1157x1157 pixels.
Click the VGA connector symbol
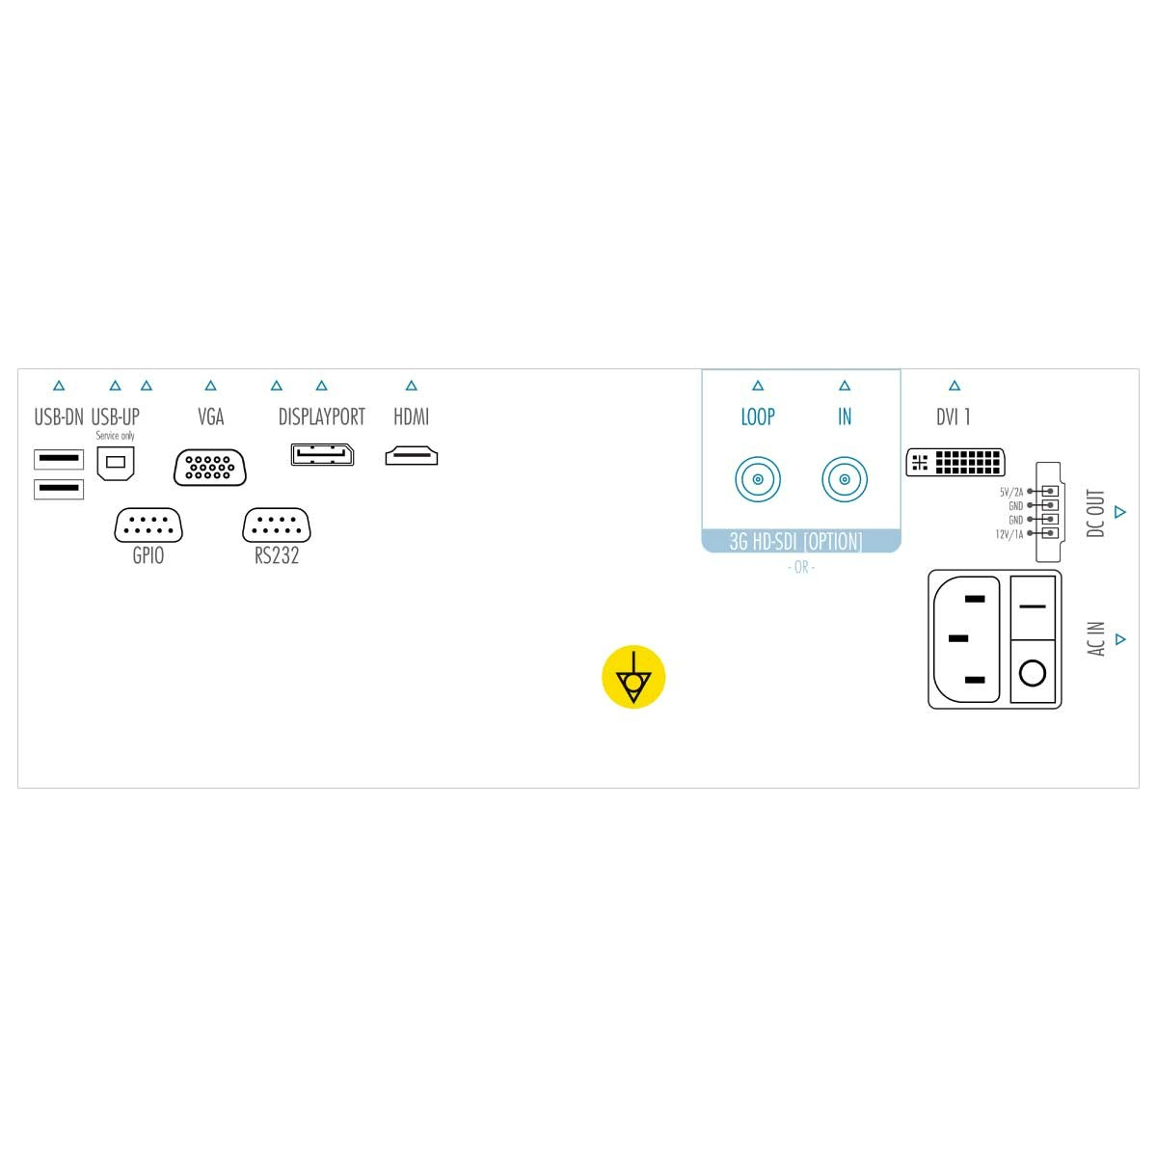point(209,467)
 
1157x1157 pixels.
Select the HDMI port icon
point(412,456)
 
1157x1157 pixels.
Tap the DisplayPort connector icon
point(322,454)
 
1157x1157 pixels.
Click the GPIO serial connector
point(148,525)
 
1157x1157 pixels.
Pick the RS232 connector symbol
point(276,525)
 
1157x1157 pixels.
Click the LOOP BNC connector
point(758,479)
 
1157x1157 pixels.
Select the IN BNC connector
point(845,479)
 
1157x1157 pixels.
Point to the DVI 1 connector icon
point(955,462)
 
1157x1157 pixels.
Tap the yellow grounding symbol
point(633,677)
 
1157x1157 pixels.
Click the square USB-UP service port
point(116,463)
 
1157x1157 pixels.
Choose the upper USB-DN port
point(59,459)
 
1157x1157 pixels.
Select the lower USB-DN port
point(59,489)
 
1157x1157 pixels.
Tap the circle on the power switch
point(1032,672)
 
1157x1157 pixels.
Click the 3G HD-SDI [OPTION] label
point(795,542)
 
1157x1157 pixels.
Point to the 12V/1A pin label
point(1009,534)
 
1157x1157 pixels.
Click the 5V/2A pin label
point(1011,492)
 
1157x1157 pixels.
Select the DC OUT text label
point(1095,513)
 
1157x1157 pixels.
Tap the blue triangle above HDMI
point(412,386)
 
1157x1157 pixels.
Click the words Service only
point(116,435)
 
